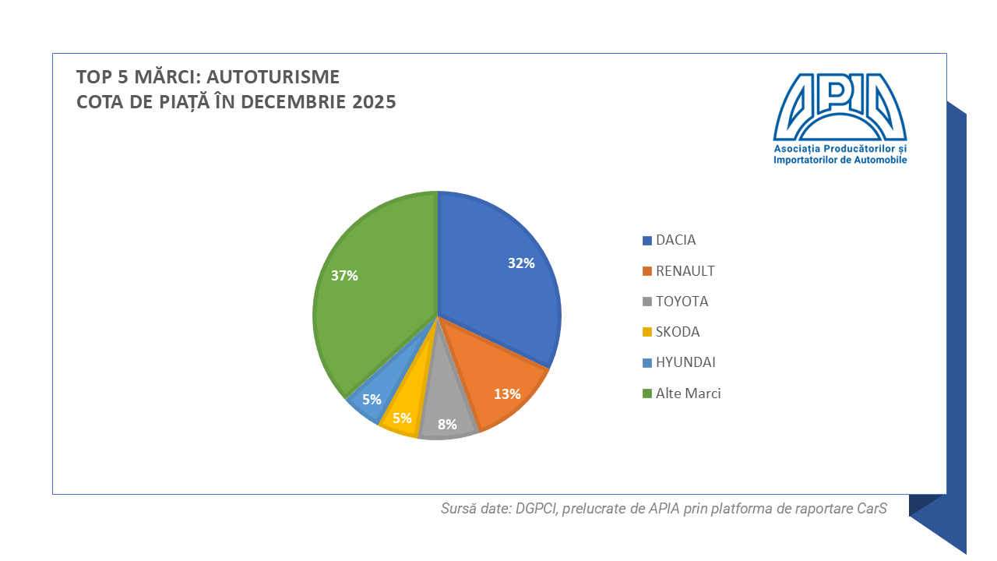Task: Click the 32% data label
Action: tap(521, 263)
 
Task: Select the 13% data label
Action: tap(507, 394)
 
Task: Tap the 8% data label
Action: tap(447, 425)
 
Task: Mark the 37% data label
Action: tap(344, 276)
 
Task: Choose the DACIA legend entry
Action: tap(675, 240)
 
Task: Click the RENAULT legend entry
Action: tap(685, 271)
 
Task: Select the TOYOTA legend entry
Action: tap(682, 302)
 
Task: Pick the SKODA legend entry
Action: tap(678, 332)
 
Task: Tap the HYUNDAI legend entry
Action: tap(685, 362)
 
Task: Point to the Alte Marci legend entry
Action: tap(688, 393)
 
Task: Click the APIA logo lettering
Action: tap(840, 105)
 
